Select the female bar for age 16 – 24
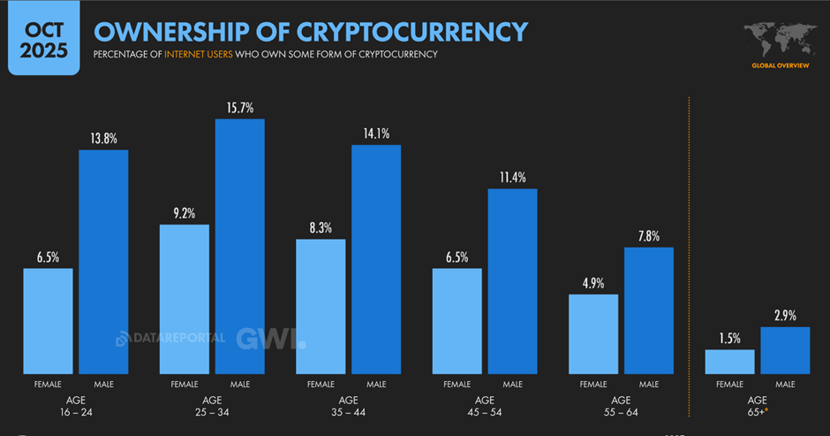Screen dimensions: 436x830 click(48, 320)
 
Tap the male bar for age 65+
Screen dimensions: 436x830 click(785, 350)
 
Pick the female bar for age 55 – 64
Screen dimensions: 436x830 click(593, 333)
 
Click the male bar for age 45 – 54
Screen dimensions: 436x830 click(513, 280)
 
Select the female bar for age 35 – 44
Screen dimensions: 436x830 click(321, 306)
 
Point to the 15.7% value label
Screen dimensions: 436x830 click(240, 108)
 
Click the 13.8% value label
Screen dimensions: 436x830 click(103, 139)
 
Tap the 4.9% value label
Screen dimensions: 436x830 click(593, 283)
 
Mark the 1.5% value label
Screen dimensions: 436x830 click(729, 339)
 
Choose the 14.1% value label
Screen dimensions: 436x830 click(376, 134)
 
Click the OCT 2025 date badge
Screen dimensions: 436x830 click(43, 38)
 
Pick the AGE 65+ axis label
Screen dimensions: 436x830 click(758, 405)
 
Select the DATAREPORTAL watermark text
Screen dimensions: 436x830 click(170, 338)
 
